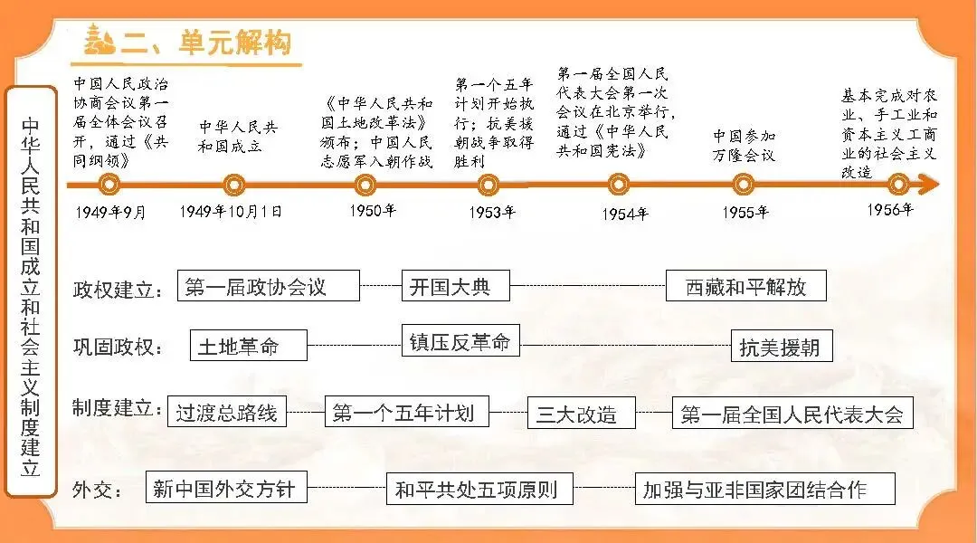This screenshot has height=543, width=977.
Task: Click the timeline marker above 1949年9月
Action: (109, 185)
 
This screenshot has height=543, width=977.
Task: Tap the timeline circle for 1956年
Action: (897, 185)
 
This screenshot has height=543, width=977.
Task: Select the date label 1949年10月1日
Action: (231, 211)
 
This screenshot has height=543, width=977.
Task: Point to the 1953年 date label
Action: (492, 213)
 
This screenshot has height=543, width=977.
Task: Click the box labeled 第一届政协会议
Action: (269, 286)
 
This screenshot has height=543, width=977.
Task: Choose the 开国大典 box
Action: (455, 286)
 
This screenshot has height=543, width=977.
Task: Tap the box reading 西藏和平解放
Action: (745, 286)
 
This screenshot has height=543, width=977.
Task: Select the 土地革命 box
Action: (249, 346)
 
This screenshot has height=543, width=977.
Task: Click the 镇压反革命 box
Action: (460, 340)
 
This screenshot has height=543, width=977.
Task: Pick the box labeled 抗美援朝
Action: (781, 346)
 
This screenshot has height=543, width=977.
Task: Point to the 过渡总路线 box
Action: (227, 413)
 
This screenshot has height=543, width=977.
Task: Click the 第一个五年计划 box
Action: (406, 413)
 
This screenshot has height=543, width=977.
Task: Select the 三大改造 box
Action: (581, 414)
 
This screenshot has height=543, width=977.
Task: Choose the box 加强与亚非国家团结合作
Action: (764, 490)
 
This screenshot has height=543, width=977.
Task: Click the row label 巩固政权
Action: (119, 346)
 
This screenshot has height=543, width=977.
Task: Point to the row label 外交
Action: (97, 491)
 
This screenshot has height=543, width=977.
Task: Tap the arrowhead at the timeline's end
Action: (930, 185)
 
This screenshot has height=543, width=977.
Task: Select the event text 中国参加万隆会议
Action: (744, 145)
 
